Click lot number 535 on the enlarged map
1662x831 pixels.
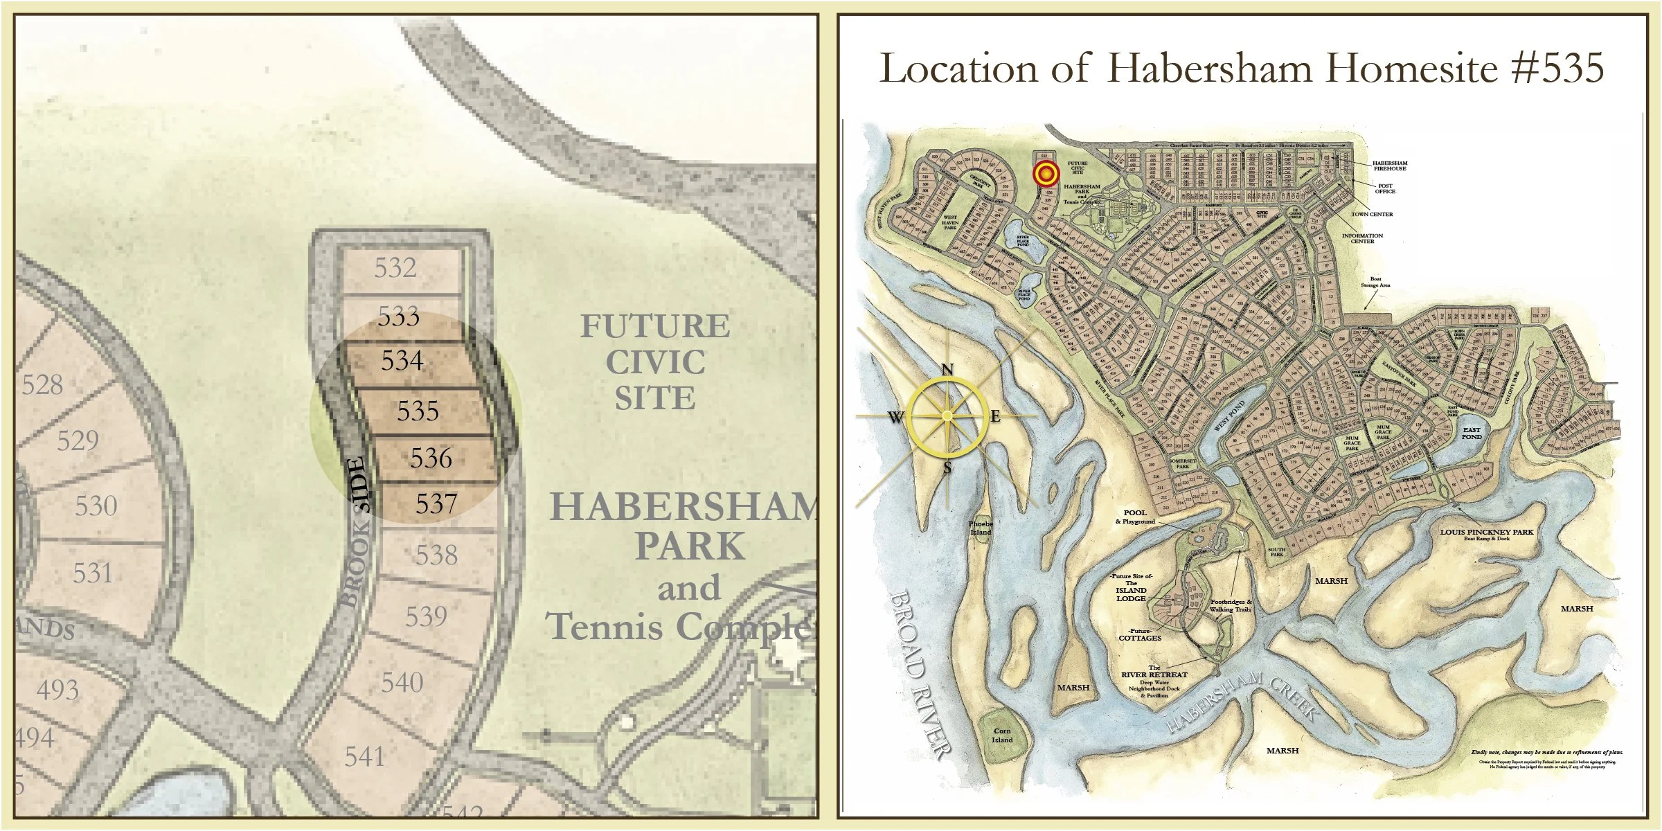coord(418,411)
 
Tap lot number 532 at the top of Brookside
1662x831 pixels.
coord(395,267)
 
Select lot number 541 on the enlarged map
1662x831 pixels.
coord(364,756)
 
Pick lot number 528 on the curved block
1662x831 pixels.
coord(42,384)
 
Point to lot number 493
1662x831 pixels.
coord(57,690)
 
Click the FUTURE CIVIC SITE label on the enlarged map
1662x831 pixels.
coord(655,362)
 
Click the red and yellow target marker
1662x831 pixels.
coord(1046,174)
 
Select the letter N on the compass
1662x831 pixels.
coord(947,370)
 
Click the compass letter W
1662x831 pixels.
coord(895,418)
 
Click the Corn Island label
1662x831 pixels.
coord(1002,735)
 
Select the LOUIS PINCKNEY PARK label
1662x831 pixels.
coord(1487,533)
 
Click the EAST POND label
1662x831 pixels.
coord(1472,434)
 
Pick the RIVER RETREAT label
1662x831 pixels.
coord(1154,674)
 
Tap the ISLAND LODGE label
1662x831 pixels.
coord(1131,594)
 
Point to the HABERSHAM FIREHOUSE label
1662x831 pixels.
coord(1390,166)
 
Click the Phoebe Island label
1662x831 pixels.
coord(981,528)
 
